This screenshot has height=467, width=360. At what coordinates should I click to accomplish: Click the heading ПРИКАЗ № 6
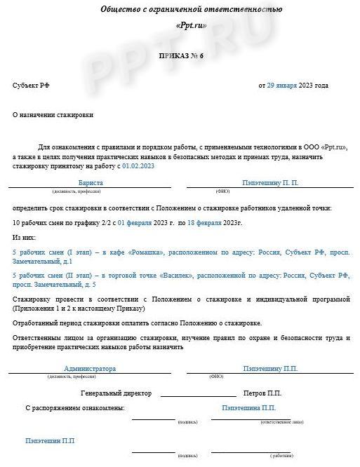click(180, 55)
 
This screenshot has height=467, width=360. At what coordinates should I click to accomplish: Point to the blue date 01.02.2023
click(138, 166)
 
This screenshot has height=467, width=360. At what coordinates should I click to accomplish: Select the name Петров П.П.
click(262, 393)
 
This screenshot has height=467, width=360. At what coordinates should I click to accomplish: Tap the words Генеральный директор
click(116, 393)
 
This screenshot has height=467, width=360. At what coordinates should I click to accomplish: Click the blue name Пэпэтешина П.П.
click(248, 407)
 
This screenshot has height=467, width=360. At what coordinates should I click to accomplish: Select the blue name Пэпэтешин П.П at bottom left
click(49, 441)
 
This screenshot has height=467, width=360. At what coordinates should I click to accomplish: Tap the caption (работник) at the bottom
click(281, 455)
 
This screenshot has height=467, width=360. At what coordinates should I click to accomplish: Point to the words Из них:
click(24, 238)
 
